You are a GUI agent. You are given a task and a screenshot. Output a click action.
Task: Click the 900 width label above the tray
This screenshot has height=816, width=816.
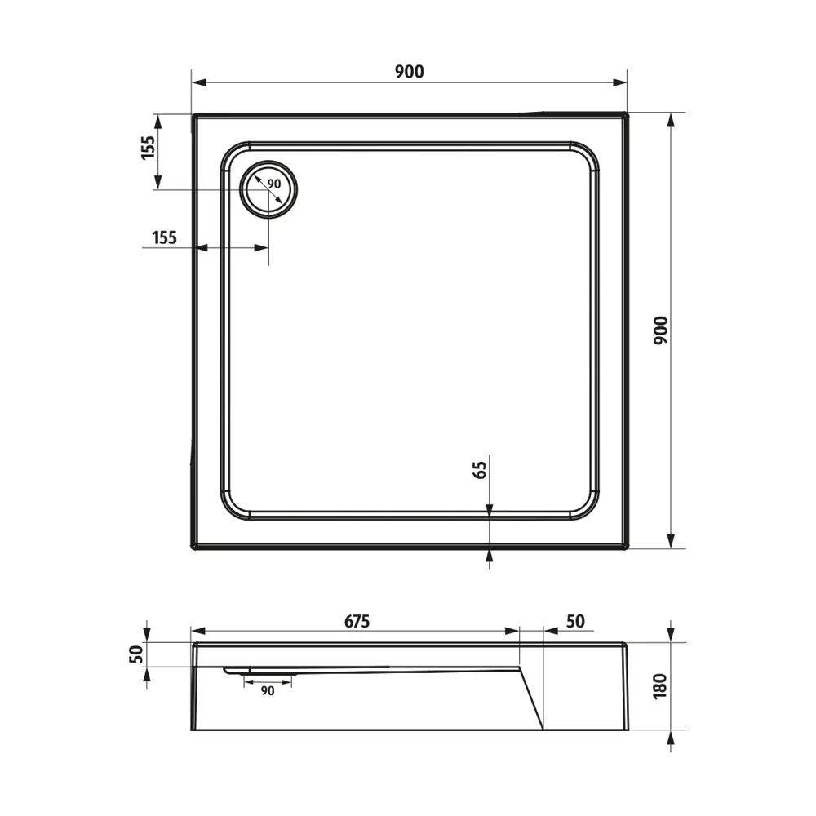click(409, 71)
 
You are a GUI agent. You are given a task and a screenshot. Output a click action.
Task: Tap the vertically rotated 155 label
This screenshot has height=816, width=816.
click(147, 148)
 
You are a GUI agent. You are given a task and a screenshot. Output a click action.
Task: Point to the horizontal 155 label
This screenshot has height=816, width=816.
click(164, 237)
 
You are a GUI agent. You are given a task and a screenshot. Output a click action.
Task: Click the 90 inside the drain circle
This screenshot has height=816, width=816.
click(273, 184)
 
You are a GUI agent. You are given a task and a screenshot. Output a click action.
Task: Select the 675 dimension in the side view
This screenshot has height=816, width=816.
click(357, 621)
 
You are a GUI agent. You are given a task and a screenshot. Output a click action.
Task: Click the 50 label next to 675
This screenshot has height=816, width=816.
click(574, 621)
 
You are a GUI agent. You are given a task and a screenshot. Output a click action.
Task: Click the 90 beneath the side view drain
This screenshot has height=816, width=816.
click(267, 690)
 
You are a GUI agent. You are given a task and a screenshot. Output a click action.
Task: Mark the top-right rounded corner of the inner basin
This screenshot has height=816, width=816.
click(586, 157)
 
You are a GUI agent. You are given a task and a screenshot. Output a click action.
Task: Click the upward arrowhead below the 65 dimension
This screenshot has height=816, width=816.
click(489, 556)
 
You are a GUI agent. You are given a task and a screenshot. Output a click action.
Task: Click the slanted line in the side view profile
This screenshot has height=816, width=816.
click(532, 698)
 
